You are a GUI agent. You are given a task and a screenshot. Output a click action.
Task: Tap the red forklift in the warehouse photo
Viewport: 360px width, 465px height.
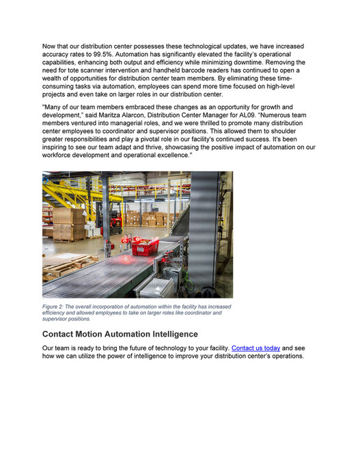point(117,216)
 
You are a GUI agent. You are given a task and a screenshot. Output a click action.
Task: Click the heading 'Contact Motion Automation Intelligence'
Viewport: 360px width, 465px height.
point(120,334)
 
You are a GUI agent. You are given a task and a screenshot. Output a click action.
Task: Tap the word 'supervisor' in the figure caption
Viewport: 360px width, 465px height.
point(55,319)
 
